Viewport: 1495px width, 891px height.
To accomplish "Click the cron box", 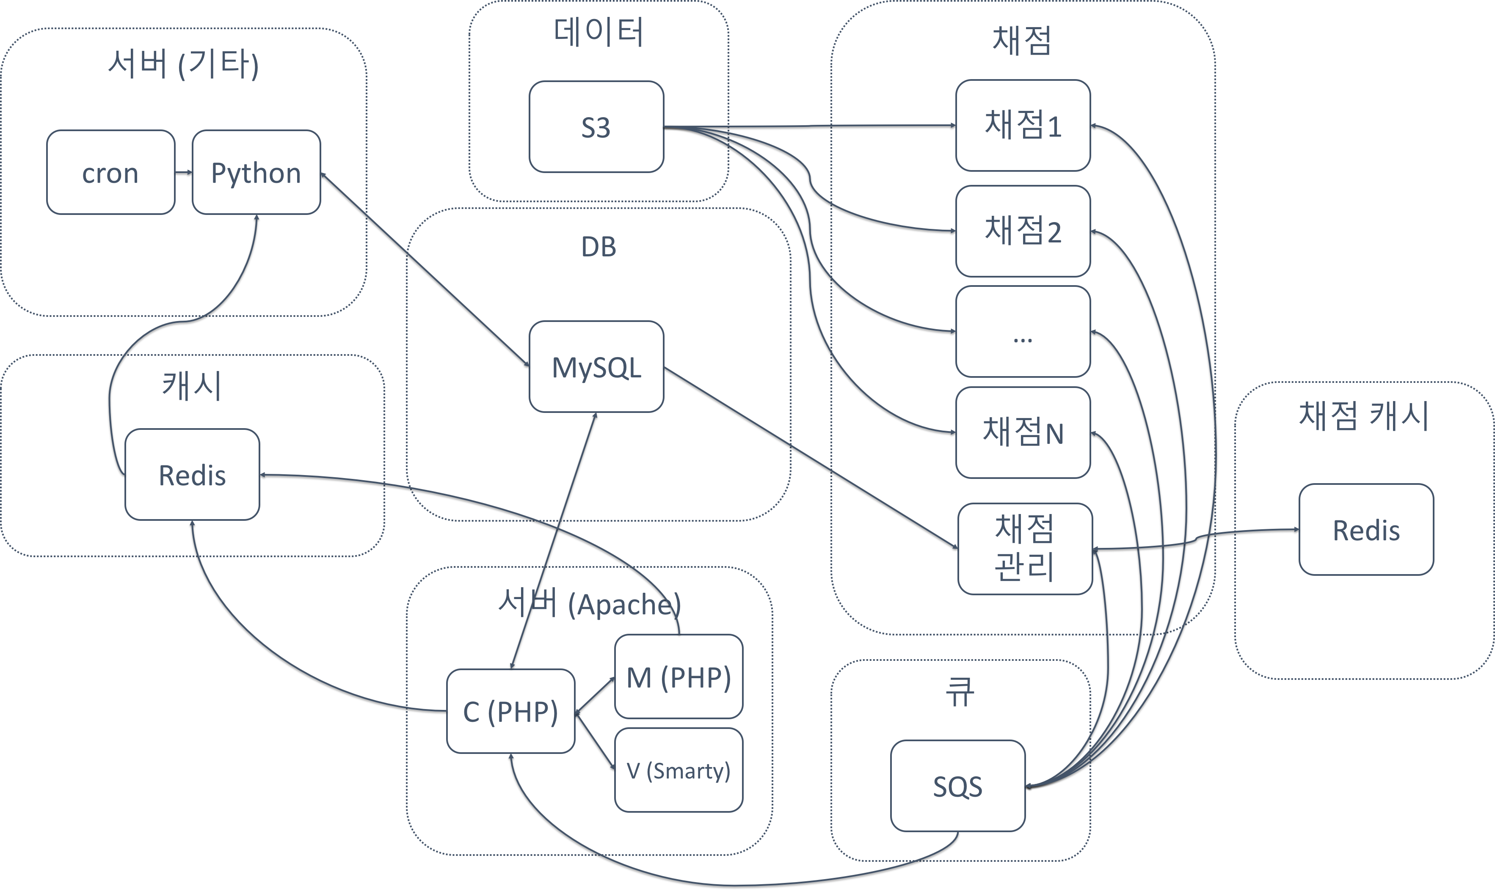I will coord(110,172).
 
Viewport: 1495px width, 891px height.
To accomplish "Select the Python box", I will coord(256,172).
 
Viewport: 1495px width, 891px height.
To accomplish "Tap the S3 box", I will coord(596,126).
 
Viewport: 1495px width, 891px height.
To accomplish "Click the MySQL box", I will coord(596,367).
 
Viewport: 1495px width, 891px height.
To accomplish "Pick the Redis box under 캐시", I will coord(192,474).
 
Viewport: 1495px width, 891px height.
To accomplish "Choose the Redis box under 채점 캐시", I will coord(1366,530).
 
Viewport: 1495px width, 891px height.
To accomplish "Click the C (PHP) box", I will coord(510,711).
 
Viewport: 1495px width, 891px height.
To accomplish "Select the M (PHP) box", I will coord(679,676).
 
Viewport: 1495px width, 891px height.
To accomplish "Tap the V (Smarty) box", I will coord(679,770).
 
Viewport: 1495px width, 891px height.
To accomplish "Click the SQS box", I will coord(957,786).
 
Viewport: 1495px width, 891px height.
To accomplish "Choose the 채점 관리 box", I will coord(1025,549).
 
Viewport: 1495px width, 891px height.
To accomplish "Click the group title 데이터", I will coord(598,33).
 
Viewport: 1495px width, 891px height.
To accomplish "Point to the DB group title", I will coord(598,247).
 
